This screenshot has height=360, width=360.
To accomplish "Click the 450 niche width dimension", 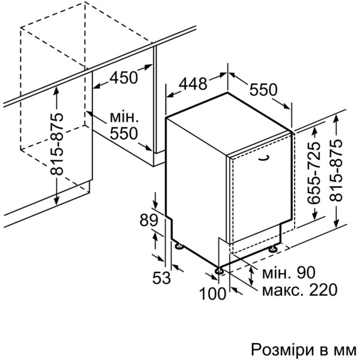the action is point(124,77).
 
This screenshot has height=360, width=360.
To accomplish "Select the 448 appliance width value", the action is point(193,83).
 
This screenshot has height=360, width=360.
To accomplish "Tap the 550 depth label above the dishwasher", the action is point(263,89).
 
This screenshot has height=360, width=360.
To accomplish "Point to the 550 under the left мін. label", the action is point(124,133).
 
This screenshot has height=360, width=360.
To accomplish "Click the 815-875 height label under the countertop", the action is point(56,144).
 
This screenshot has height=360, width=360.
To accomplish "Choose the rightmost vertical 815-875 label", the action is point(335,170).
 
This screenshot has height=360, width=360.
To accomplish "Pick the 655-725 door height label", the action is point(313,173).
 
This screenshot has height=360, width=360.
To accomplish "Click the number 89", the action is point(149,220).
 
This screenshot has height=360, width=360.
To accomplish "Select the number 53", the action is point(161,277).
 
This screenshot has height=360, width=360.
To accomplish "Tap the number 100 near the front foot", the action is point(212,293).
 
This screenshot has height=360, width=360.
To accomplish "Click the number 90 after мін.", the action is point(306,272).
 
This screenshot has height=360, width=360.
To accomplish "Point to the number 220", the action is point(323,290).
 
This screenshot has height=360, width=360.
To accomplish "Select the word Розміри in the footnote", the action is point(283,350).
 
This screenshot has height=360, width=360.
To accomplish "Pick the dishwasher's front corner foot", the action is point(219,271).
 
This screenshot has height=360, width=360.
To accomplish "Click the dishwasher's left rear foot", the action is point(179,246).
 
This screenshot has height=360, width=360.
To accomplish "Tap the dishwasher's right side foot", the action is point(273,249).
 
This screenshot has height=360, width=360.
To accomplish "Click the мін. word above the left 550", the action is point(124,117).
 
